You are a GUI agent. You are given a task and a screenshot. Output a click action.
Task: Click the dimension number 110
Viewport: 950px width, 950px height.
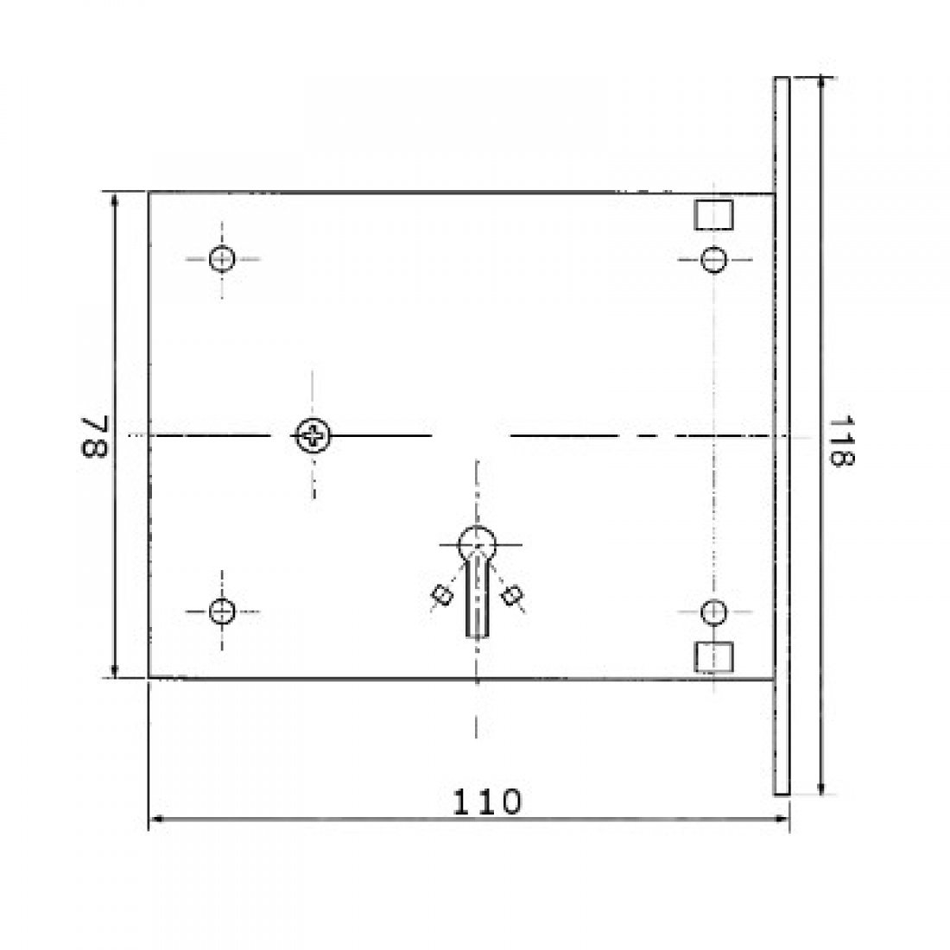[489, 802]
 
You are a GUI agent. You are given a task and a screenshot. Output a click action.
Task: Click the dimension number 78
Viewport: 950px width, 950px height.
[94, 437]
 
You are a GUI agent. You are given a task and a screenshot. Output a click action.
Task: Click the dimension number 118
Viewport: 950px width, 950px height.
[841, 441]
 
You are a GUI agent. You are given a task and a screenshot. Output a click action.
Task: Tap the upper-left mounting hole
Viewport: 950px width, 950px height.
[222, 258]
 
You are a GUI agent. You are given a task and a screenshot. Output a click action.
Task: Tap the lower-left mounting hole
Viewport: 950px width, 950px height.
[222, 611]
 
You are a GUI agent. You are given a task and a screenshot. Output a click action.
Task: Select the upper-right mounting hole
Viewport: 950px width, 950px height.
[713, 259]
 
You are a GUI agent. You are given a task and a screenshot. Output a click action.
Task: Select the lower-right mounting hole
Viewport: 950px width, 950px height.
[713, 612]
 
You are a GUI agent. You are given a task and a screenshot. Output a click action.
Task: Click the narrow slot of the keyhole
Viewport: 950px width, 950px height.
[476, 605]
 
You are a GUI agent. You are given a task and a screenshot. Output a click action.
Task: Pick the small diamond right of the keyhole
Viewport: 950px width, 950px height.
[512, 594]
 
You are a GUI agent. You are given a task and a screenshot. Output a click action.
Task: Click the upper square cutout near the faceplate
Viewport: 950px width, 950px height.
[713, 214]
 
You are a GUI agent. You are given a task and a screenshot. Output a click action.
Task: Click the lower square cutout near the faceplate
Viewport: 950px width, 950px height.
[713, 656]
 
